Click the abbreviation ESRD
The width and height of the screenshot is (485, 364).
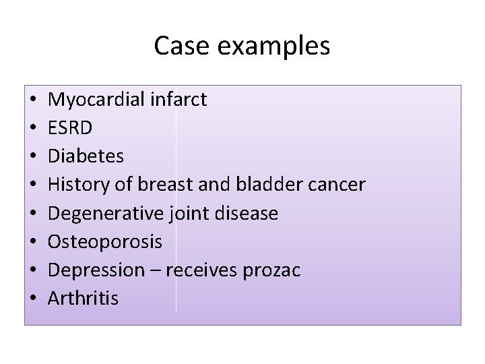pos(71,128)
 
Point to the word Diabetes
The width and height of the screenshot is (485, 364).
pos(86,156)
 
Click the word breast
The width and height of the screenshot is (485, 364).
pos(157,185)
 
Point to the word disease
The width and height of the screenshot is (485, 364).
pos(247,214)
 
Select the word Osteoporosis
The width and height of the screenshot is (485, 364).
pos(105,242)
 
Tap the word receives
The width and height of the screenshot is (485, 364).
pos(203,270)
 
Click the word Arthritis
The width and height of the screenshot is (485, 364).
pos(83,299)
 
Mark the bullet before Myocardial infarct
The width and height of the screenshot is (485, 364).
pos(33,100)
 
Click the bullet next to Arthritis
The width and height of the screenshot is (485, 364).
pos(33,299)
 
